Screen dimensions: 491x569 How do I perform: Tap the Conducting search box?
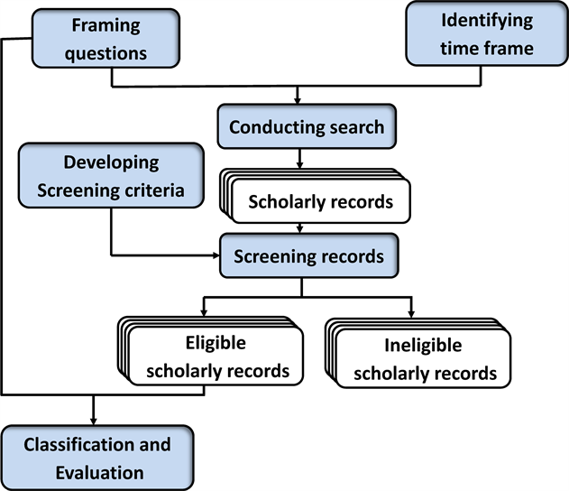click(x=306, y=127)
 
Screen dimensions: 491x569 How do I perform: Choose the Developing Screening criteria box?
click(x=111, y=177)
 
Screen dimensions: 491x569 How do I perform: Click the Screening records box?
click(x=307, y=256)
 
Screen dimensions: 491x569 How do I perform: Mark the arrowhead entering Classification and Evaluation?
click(x=94, y=420)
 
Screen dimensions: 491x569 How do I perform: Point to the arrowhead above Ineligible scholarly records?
click(x=410, y=311)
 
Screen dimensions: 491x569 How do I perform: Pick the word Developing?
click(x=111, y=163)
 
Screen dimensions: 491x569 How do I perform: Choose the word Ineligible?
click(x=423, y=346)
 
